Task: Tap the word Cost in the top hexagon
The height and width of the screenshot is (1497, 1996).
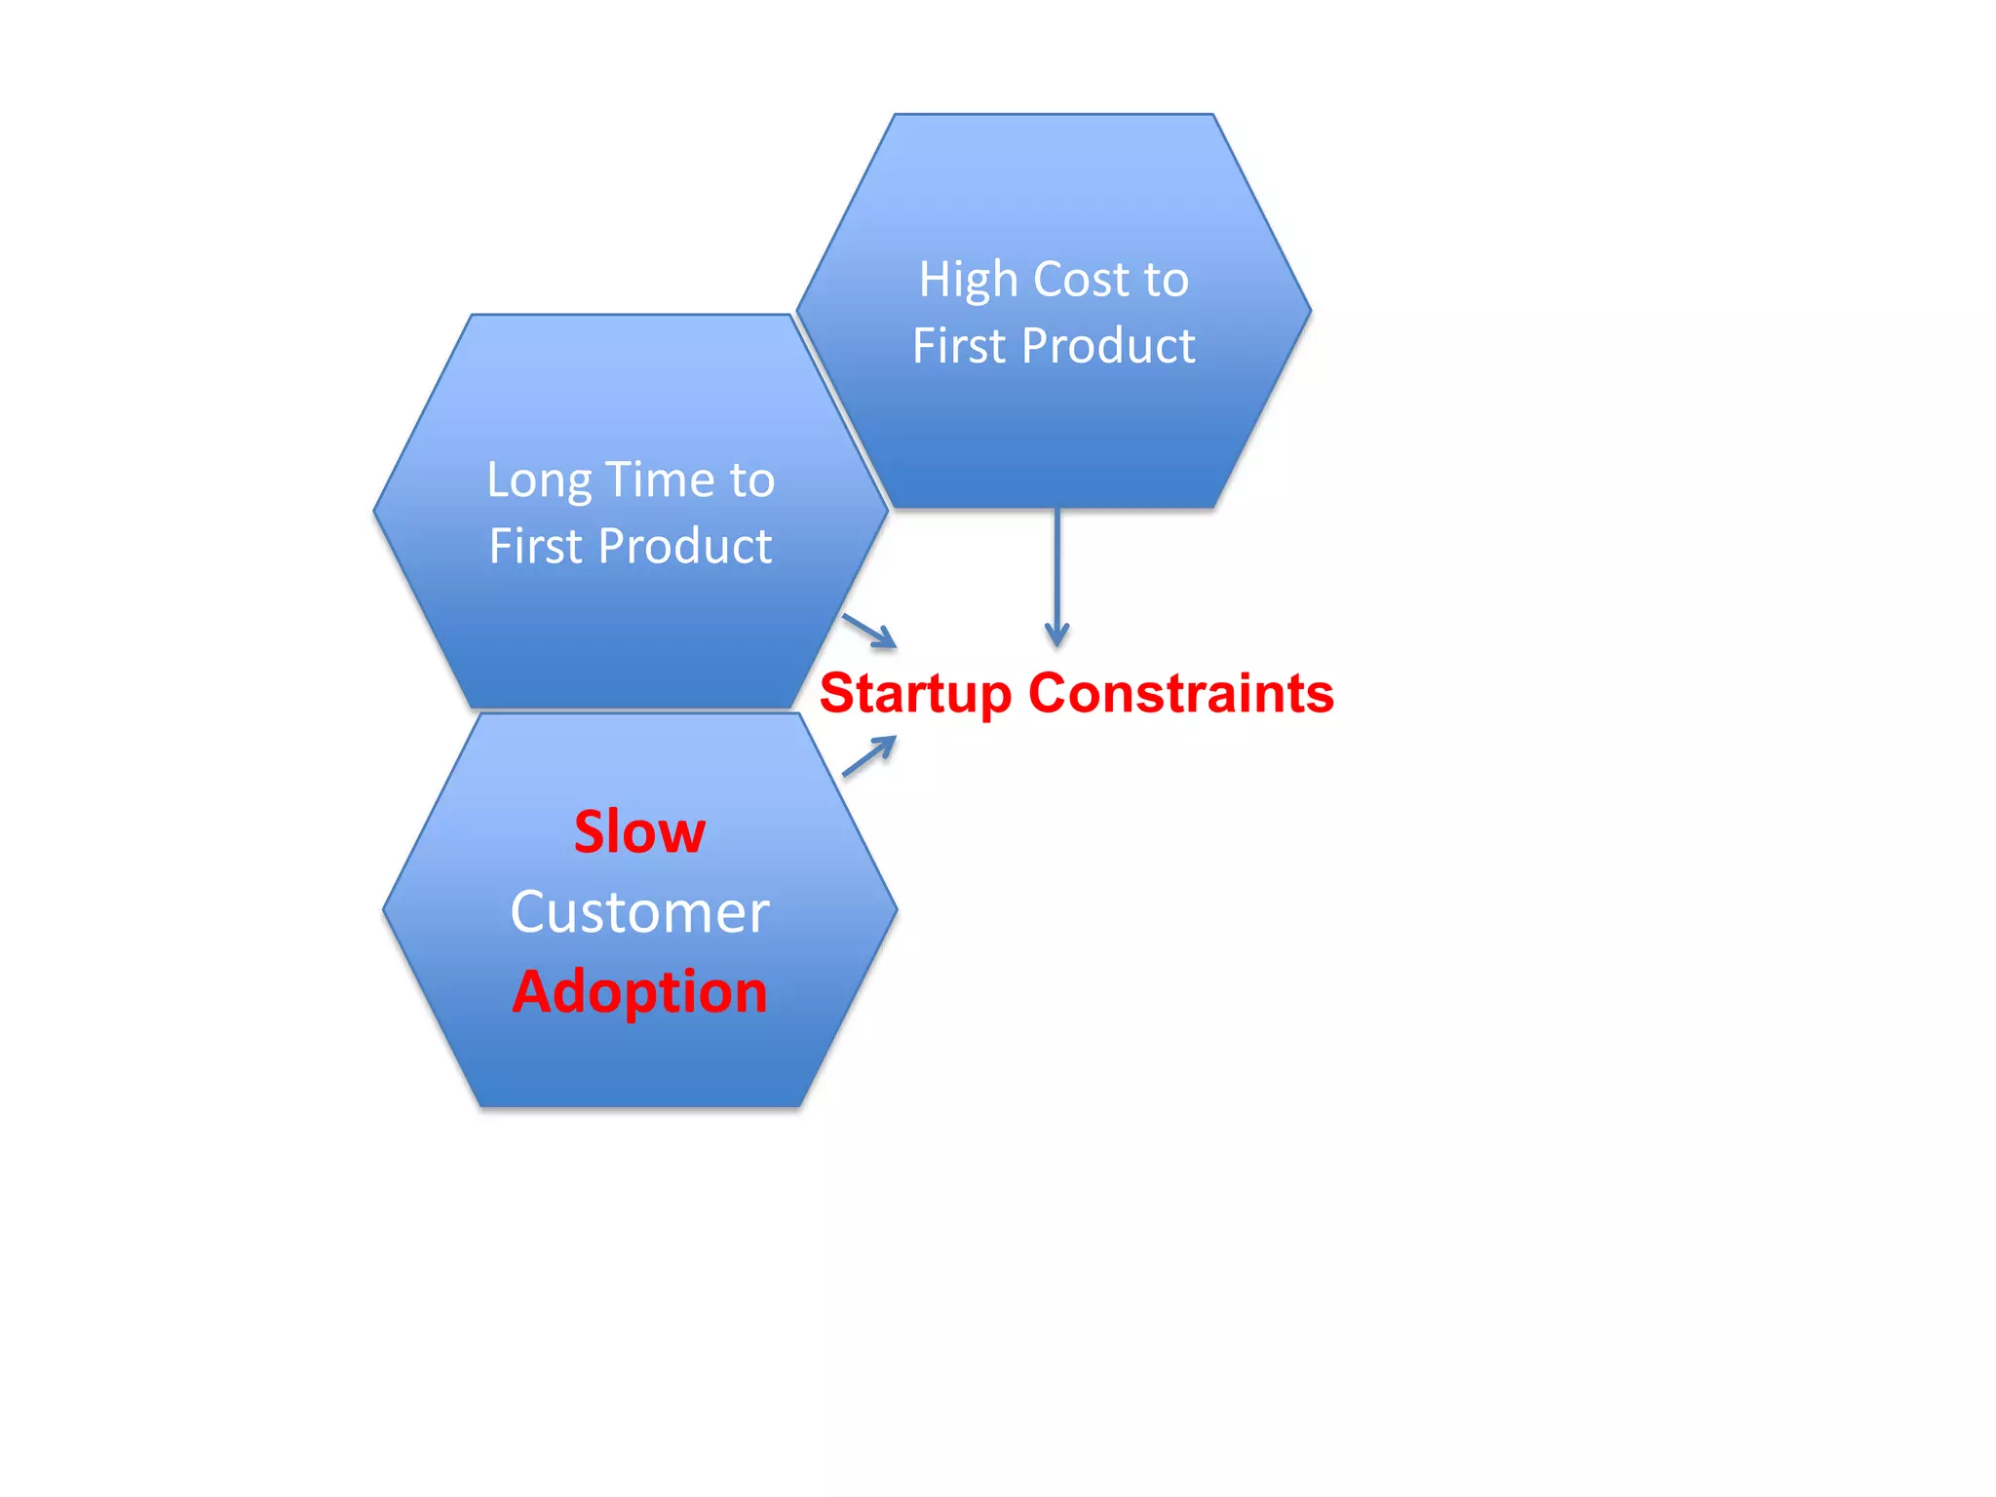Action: coord(1080,280)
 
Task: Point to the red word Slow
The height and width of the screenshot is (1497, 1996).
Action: coord(639,832)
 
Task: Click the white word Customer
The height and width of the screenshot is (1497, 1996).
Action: coord(639,913)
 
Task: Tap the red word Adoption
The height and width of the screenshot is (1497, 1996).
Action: coord(639,992)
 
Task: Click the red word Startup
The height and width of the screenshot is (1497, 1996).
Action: coord(916,694)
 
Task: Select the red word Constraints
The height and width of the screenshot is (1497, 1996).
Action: coord(1181,693)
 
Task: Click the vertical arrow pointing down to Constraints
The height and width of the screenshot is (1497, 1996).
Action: coord(1056,575)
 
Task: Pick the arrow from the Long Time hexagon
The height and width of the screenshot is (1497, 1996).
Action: coord(868,630)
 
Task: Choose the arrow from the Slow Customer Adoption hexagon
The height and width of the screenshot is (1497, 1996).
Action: coord(868,756)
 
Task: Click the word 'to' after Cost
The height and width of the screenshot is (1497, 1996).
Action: coord(1167,280)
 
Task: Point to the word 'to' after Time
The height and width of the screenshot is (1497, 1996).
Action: coord(751,480)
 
